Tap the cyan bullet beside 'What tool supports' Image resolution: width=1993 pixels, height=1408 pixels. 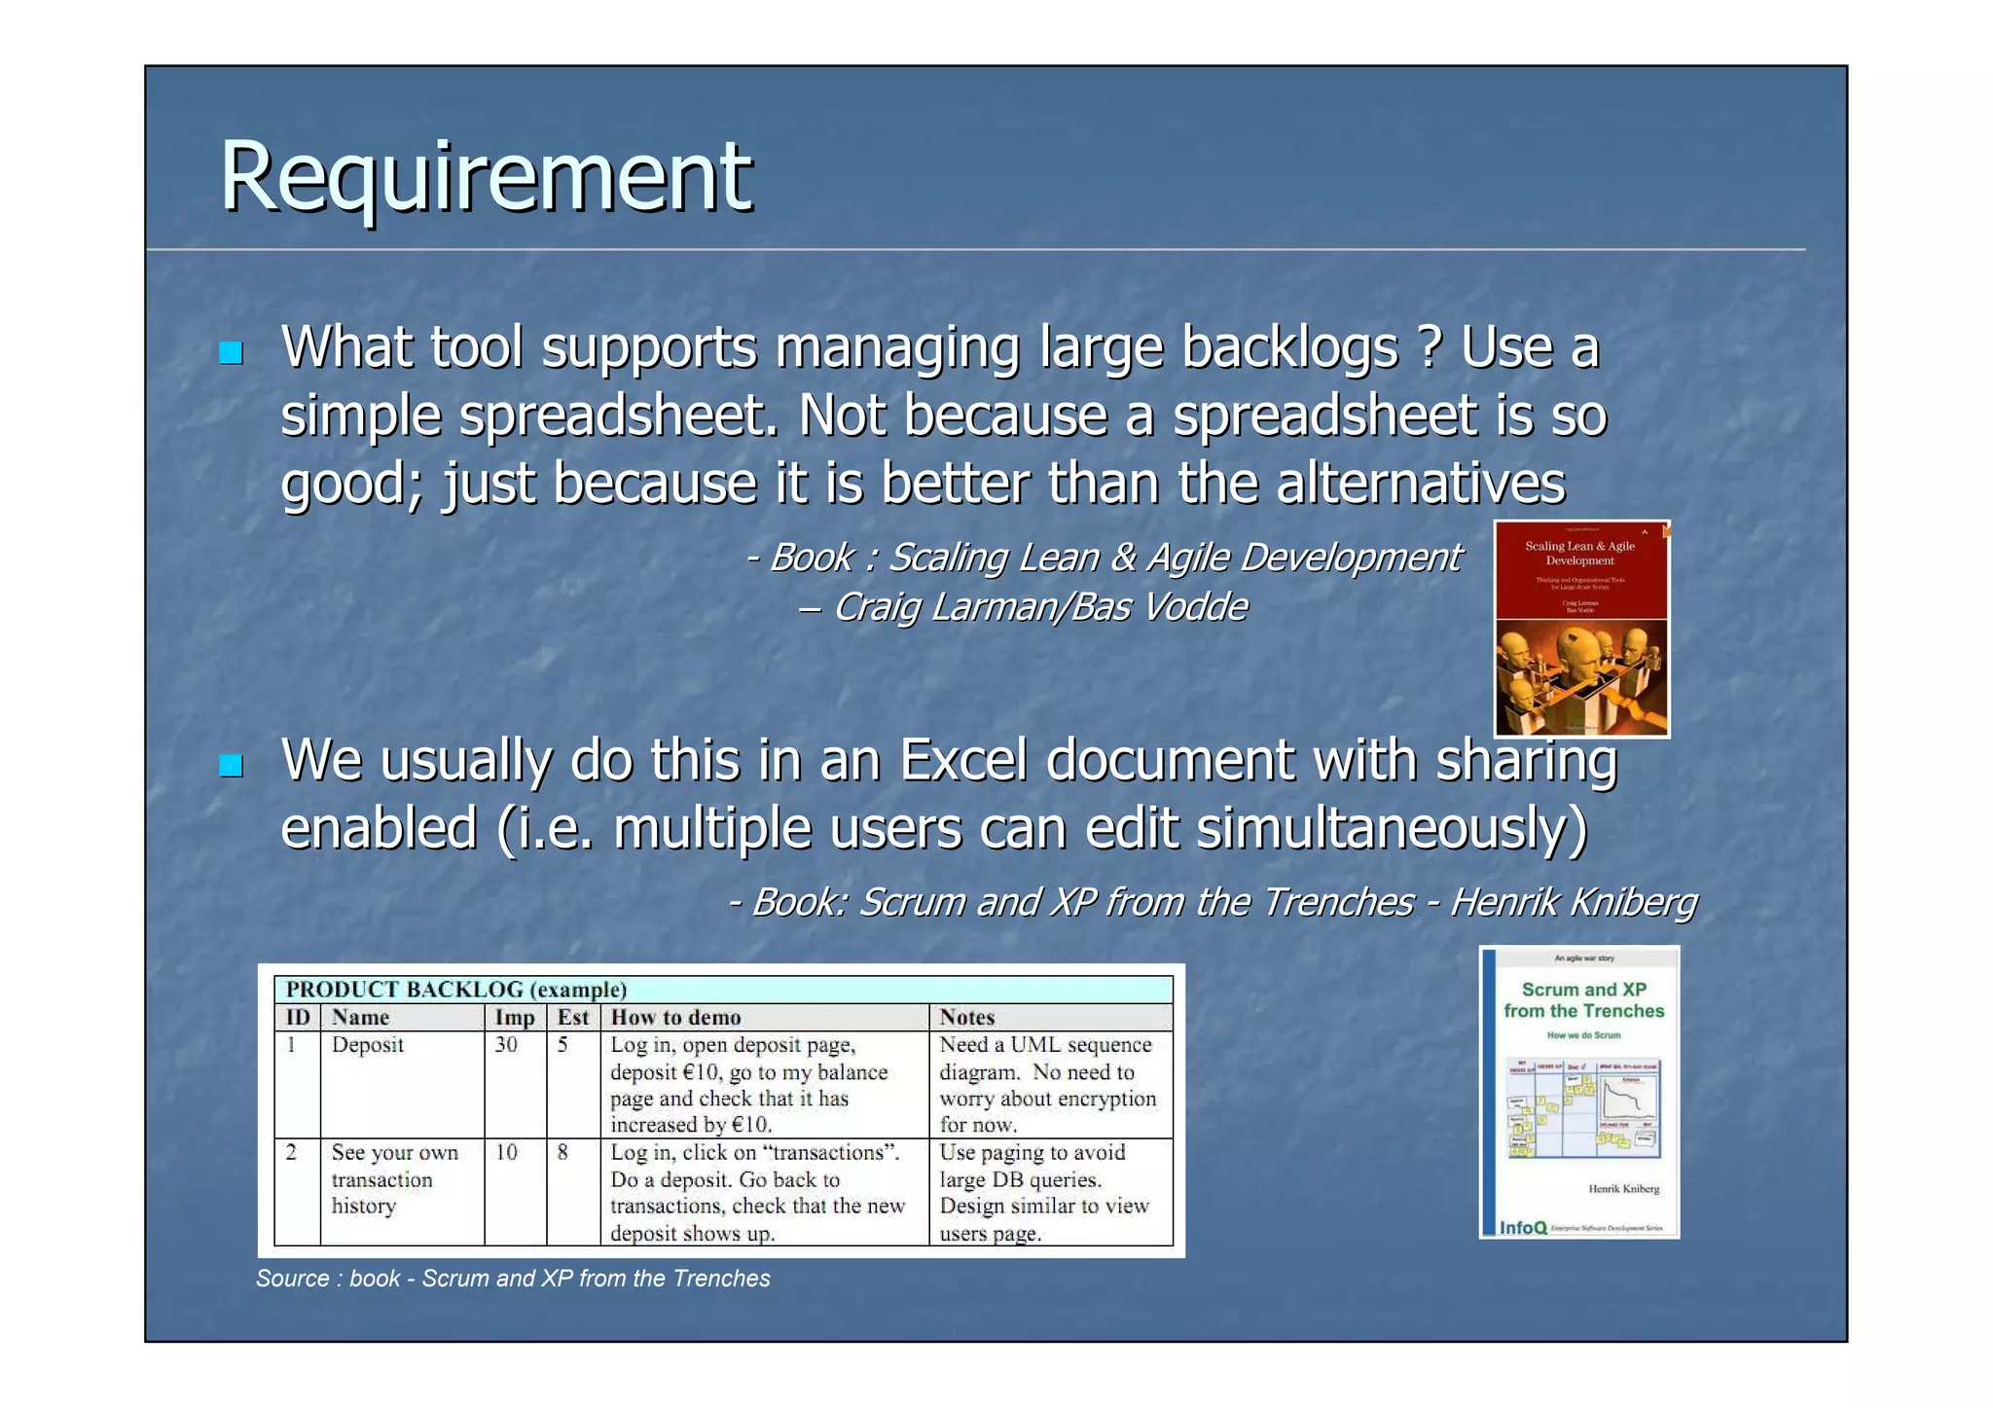coord(231,352)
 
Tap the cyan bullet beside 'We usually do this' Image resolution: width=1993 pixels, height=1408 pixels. coord(231,766)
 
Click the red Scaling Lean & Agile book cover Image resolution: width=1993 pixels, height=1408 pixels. coord(1581,629)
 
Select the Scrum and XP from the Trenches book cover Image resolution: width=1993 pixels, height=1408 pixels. coord(1579,1092)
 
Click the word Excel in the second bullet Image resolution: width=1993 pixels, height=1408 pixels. coord(962,760)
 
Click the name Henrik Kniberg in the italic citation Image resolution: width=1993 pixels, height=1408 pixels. coord(1574,903)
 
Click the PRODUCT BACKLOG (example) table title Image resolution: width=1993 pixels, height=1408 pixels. coord(456,990)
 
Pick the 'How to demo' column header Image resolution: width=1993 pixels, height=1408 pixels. coord(675,1018)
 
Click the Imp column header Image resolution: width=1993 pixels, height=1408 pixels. coord(515,1018)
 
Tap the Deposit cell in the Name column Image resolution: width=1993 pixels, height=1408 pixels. coord(367,1045)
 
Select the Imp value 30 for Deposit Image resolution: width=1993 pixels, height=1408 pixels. coord(506,1045)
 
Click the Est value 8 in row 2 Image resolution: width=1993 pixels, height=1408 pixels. coord(562,1153)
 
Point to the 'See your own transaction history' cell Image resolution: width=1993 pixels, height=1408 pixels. coord(394,1179)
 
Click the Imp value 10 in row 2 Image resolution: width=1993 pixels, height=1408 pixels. coord(506,1153)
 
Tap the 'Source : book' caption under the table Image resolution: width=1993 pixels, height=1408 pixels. coord(512,1279)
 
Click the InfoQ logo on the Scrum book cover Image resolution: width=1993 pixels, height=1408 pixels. coord(1523,1228)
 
